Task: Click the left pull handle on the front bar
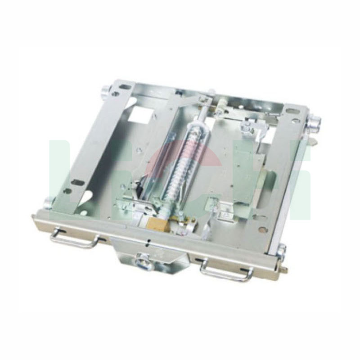click(x=74, y=238)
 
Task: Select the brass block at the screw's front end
click(x=158, y=224)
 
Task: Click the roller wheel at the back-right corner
click(x=314, y=122)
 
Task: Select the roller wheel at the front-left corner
click(x=48, y=203)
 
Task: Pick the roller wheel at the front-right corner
click(x=281, y=251)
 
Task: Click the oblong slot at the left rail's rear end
click(x=126, y=87)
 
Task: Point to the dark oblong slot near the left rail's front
click(x=78, y=182)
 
